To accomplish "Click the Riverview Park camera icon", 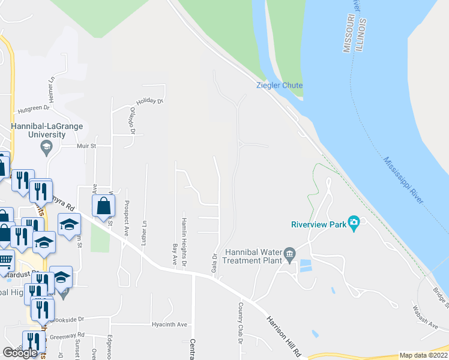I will [354, 224].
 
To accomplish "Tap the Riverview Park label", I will [319, 225].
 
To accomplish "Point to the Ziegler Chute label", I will [279, 85].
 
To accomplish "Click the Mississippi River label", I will [403, 180].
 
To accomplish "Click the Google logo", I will [20, 353].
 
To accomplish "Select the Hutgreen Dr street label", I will [32, 110].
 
